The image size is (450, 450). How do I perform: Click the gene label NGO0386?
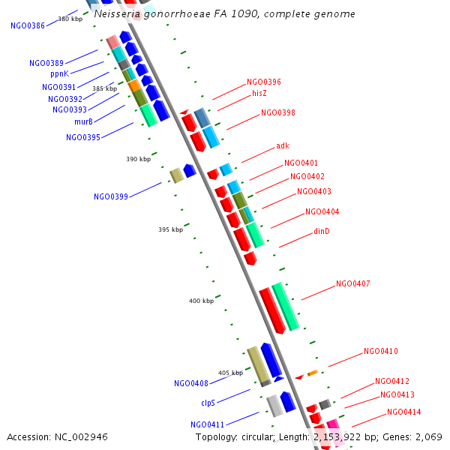28,25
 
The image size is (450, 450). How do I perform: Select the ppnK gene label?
60,74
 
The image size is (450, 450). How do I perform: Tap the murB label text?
83,122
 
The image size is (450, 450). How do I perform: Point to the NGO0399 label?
111,197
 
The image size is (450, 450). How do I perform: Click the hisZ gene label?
259,94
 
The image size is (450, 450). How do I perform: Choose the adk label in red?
283,146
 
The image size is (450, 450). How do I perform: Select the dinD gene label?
322,232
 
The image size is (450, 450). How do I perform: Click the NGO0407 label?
353,284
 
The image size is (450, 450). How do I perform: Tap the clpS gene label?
208,403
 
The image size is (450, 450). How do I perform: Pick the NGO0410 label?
381,352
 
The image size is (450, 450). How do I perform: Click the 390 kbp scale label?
139,160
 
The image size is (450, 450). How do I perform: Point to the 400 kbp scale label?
201,301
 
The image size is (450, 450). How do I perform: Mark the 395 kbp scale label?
171,230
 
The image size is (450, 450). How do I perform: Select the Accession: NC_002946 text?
58,436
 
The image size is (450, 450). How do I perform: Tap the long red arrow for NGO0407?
271,310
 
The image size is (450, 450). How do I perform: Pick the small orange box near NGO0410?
313,373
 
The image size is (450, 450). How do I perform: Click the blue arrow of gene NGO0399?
190,171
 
